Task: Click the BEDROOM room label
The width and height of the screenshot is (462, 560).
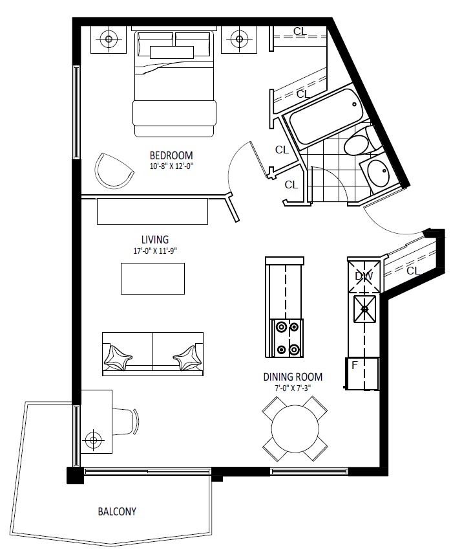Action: [171, 156]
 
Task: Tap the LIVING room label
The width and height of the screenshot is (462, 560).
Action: [155, 240]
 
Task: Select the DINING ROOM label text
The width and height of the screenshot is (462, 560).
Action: [293, 377]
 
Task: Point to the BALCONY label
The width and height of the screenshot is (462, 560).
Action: [117, 511]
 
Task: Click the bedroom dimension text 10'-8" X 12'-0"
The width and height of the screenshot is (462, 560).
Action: [171, 166]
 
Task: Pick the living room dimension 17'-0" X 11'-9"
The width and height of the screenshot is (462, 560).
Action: [155, 251]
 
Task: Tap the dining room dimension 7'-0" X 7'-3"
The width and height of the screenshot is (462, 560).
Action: [293, 388]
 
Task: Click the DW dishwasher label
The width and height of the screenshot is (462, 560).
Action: [364, 276]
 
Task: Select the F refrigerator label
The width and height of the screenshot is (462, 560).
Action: [354, 365]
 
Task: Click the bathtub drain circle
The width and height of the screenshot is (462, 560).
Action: [354, 104]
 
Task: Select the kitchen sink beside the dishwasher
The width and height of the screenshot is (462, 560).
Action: [364, 309]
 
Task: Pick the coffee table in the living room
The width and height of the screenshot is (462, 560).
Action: [152, 278]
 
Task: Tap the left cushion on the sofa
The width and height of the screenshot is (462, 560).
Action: [118, 358]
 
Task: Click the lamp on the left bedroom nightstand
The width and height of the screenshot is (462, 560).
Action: [109, 39]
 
